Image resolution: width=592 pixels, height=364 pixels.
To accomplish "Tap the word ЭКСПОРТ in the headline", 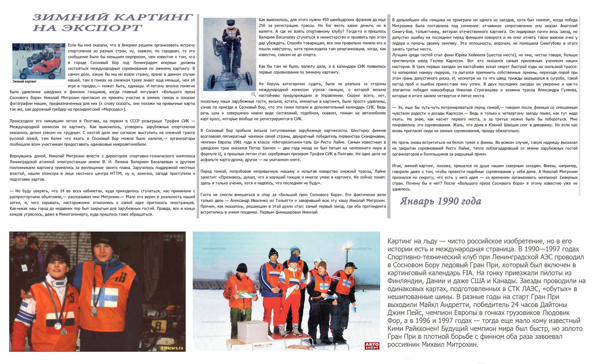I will click(102, 28).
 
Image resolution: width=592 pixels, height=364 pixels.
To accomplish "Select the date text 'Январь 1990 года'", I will click(441, 201).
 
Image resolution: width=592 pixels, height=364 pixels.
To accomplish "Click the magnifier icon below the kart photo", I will click(253, 94).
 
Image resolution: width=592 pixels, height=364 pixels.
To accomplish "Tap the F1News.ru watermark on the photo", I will click(172, 348).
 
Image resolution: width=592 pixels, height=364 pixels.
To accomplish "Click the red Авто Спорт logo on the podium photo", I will click(372, 345).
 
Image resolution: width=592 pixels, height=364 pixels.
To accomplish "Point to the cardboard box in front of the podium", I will click(253, 332).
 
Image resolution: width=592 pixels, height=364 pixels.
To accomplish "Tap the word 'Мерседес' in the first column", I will click(111, 109).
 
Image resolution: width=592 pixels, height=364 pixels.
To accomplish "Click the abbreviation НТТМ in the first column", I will click(116, 174).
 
